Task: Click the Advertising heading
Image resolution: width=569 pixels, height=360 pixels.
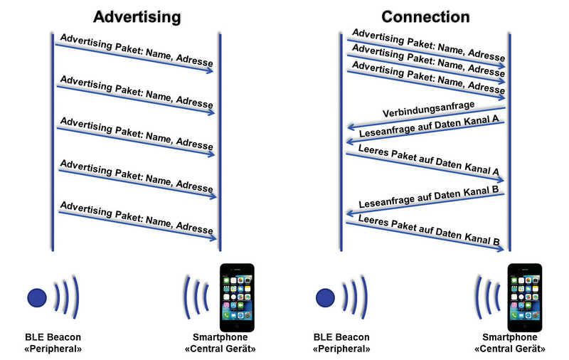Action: pos(137,17)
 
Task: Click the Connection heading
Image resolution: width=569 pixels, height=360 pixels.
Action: pos(425,16)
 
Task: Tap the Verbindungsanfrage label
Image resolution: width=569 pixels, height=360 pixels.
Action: pos(429,109)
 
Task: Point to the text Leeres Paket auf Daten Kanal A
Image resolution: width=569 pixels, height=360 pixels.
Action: pos(429,159)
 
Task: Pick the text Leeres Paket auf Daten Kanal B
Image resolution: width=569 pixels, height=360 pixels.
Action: pos(429,230)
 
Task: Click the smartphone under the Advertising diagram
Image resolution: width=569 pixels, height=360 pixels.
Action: pos(237,297)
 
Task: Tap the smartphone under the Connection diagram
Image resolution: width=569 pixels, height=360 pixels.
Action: pos(525,297)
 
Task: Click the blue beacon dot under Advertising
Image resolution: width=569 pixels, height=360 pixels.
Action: pos(37,298)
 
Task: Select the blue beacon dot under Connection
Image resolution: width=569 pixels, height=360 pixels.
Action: pos(326,298)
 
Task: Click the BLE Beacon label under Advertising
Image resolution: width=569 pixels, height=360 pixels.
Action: pos(53,337)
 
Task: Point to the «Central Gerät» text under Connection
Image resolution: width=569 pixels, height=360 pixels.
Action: pos(510,349)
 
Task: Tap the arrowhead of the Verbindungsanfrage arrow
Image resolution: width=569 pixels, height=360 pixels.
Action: pos(351,127)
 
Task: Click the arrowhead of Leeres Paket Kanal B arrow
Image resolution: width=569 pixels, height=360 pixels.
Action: pos(501,248)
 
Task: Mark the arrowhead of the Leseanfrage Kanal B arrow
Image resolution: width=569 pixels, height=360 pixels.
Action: pos(350,213)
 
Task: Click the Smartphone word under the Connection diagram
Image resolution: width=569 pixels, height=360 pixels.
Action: pos(510,337)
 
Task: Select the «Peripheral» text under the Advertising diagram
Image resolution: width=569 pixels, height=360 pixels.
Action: pos(53,349)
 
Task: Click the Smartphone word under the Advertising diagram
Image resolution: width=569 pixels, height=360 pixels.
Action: pos(220,337)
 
